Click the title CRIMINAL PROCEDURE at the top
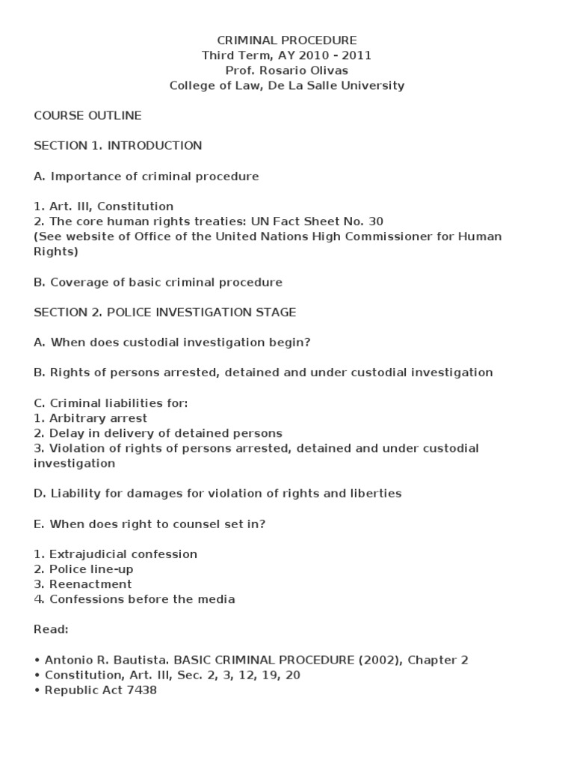287,40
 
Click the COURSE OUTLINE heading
87,116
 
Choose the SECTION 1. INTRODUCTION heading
118,146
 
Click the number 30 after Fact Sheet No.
375,221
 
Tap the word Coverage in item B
77,282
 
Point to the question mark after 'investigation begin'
307,343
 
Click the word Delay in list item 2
64,433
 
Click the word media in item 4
217,599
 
